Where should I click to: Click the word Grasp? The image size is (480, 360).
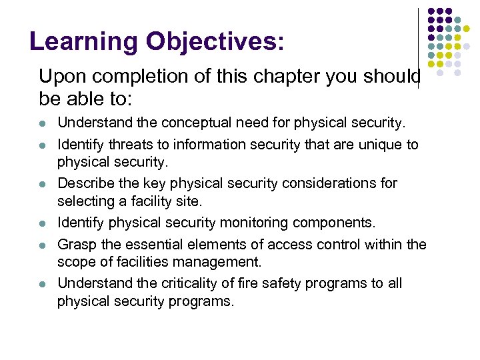75,245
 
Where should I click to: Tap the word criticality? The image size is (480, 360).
183,283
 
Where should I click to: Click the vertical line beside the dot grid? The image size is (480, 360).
418,47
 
